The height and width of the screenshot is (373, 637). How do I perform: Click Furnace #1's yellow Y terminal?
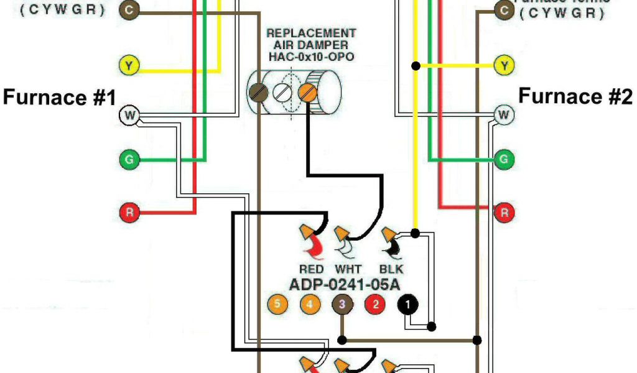128,65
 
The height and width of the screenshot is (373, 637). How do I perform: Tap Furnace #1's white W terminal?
128,115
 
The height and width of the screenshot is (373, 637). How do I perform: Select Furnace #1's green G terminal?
129,160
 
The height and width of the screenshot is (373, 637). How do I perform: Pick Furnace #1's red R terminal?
129,213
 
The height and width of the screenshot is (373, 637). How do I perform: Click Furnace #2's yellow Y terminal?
504,65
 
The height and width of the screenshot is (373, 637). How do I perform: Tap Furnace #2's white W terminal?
504,114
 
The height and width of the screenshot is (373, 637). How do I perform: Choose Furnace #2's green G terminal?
504,159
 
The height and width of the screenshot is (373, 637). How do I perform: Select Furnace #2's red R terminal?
504,213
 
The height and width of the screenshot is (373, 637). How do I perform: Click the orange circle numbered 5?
277,305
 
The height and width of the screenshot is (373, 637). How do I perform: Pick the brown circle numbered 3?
342,305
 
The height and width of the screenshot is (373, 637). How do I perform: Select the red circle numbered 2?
375,305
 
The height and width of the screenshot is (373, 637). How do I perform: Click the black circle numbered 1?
408,305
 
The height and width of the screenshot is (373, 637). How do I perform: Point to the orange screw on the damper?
307,93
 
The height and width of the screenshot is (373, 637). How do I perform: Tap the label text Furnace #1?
60,97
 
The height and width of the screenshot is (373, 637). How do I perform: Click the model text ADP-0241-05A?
344,285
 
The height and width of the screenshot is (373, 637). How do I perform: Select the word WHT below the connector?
348,269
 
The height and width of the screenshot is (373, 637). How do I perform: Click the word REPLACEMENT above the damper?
311,33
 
